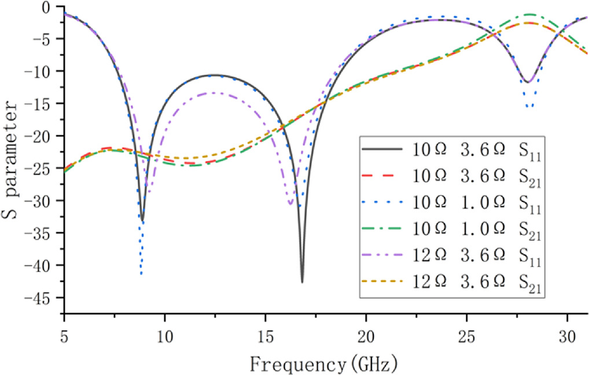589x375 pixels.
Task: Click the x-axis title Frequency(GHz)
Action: coord(323,364)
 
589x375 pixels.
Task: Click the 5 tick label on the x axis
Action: coord(64,335)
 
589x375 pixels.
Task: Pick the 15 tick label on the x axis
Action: coord(265,335)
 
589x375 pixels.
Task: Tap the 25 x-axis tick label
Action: coord(467,335)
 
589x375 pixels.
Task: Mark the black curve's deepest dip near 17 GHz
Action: coord(302,282)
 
